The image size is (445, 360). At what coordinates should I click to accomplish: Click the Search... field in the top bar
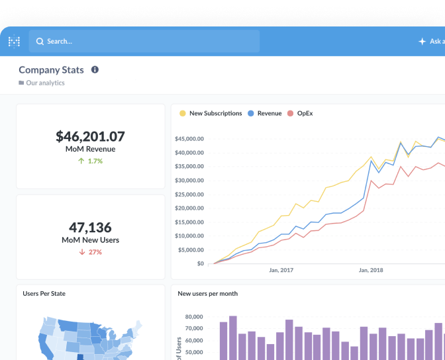click(x=144, y=41)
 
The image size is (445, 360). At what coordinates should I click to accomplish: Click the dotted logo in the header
click(x=14, y=42)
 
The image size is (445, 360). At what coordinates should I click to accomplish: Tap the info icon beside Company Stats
click(x=95, y=69)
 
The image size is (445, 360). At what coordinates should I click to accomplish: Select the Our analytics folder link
click(x=42, y=83)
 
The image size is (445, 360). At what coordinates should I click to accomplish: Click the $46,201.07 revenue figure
click(x=90, y=136)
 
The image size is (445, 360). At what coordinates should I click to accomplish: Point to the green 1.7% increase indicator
click(x=90, y=161)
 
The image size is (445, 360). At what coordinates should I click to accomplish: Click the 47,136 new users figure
click(x=90, y=227)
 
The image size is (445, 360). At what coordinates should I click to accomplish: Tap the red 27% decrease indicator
click(x=90, y=252)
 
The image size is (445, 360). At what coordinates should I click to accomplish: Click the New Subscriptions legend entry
click(x=211, y=113)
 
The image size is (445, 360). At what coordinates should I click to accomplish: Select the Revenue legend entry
click(x=264, y=113)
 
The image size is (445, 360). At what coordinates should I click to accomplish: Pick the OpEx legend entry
click(x=300, y=113)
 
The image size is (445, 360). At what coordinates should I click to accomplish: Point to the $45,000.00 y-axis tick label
click(x=189, y=139)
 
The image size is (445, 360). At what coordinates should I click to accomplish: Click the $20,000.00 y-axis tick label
click(x=189, y=208)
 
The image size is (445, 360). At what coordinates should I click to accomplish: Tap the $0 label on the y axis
click(x=201, y=263)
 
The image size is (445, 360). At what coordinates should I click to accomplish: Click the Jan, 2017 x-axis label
click(x=281, y=270)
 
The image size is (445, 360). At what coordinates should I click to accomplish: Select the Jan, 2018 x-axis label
click(x=371, y=270)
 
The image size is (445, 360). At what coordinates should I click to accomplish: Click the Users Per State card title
click(x=44, y=294)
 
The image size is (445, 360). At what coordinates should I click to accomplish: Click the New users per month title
click(x=208, y=294)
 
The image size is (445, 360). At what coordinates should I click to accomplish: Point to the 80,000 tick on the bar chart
click(x=194, y=317)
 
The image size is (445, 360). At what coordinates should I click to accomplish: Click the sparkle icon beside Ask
click(x=422, y=42)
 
